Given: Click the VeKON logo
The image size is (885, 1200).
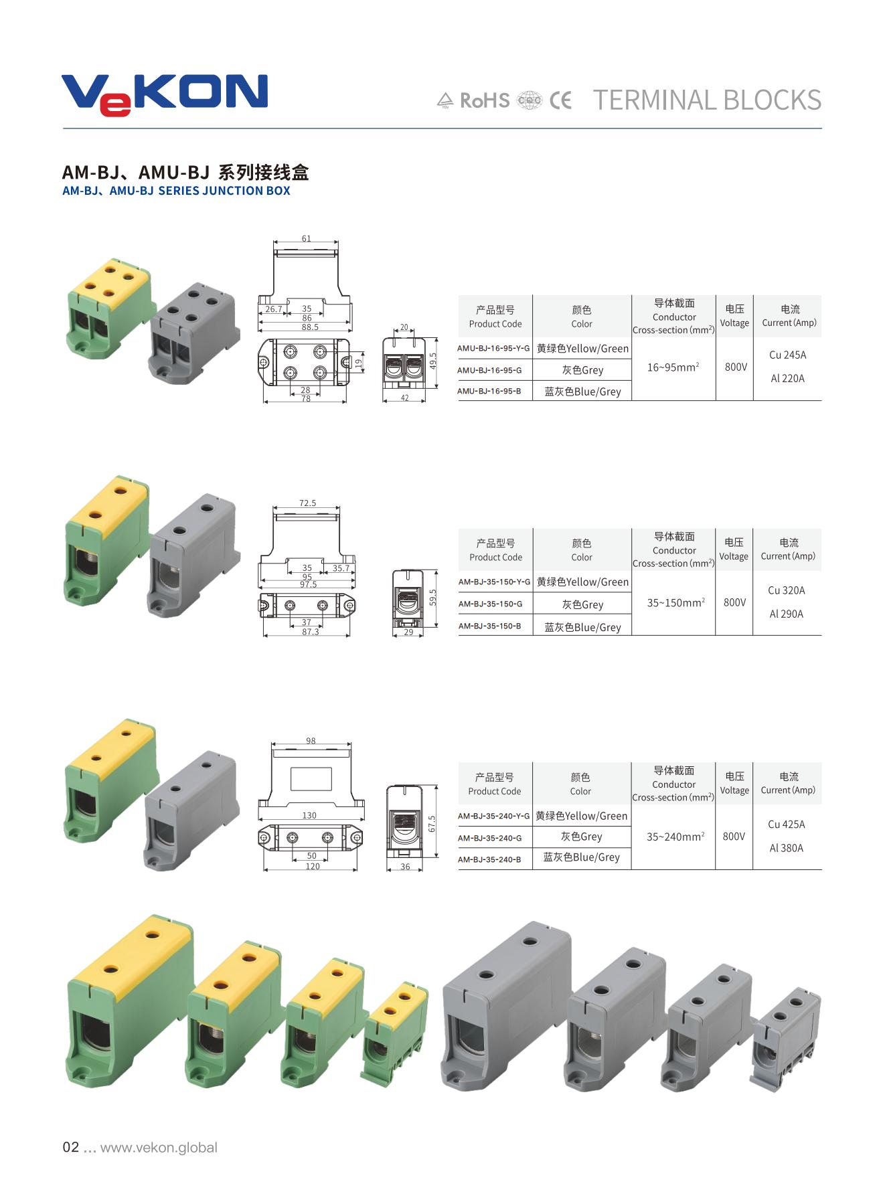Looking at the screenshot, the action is tap(165, 94).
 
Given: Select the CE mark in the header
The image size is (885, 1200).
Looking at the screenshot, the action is tap(561, 100).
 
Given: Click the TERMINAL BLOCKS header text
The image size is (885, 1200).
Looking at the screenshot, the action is tap(707, 100).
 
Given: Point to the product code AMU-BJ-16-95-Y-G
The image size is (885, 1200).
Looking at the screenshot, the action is tap(493, 349).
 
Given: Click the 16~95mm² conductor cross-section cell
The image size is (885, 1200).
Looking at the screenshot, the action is tap(673, 367).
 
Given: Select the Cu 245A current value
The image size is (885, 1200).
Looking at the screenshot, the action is tap(787, 355).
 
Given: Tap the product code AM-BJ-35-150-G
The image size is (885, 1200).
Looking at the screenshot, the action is tap(491, 604).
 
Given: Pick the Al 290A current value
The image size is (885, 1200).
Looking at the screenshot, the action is tap(787, 614).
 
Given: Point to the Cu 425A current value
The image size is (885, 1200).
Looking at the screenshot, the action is tap(787, 825).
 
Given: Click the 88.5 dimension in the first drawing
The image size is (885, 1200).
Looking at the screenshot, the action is tap(310, 327).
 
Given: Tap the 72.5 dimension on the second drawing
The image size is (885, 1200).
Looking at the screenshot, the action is tap(307, 503).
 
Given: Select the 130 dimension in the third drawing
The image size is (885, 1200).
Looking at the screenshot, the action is tap(309, 815).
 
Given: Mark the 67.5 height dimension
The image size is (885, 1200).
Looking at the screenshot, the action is tap(432, 824).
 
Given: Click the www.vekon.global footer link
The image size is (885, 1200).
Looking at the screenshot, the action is tap(159, 1147).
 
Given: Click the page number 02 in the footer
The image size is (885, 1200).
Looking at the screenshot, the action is tap(70, 1147).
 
